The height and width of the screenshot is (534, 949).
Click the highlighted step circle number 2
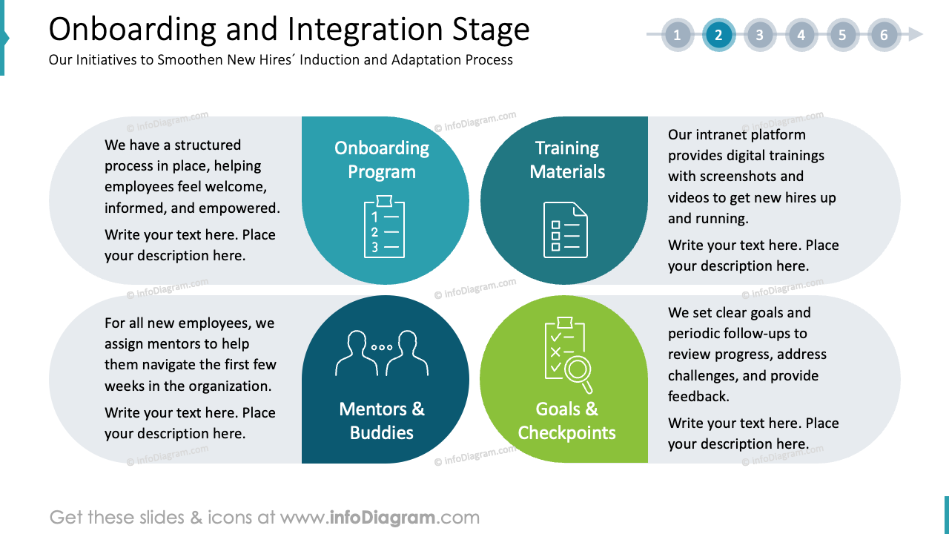click(718, 35)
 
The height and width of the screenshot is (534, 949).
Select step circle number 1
click(677, 35)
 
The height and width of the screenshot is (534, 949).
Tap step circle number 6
click(884, 35)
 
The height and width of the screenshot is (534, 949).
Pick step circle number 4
click(801, 35)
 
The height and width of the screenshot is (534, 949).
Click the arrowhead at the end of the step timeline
click(916, 35)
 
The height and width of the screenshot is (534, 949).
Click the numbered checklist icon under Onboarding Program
click(384, 227)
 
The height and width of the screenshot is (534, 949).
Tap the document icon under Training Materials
click(565, 229)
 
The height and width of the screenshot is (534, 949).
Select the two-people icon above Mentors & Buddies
click(382, 352)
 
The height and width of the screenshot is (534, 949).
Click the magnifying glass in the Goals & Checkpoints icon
click(578, 369)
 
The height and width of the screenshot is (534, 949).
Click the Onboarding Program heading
click(382, 159)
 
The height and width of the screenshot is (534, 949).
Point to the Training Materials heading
click(567, 159)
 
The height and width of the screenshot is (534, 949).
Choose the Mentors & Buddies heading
click(382, 421)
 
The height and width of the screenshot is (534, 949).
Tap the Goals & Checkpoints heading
click(566, 421)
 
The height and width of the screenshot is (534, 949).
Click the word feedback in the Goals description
click(698, 397)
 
